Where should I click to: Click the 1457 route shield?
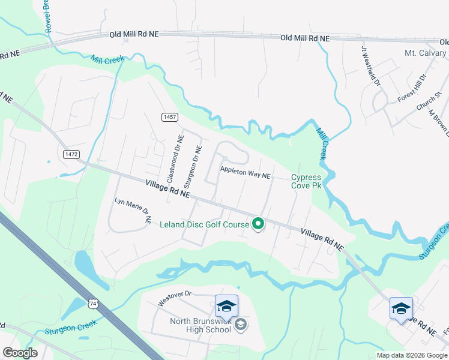tap(169, 117)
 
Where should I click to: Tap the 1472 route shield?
tap(71, 154)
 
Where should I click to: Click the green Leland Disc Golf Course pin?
tap(258, 224)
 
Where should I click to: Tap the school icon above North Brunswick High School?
tap(226, 306)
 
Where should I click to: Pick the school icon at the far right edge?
tap(401, 308)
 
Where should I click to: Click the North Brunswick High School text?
tap(200, 325)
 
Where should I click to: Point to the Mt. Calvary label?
tap(426, 53)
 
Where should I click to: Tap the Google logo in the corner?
tap(20, 353)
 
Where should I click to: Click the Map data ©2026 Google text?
tap(411, 355)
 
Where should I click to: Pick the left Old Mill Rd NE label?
tap(134, 35)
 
